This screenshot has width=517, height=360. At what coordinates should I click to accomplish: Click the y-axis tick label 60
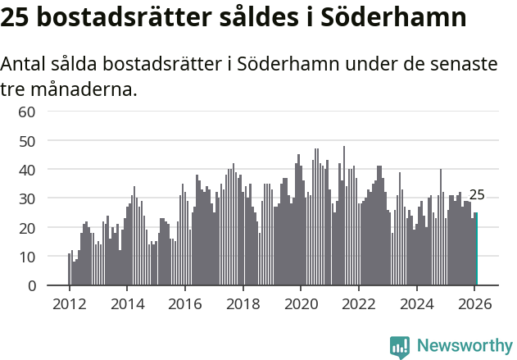pyautogui.click(x=27, y=112)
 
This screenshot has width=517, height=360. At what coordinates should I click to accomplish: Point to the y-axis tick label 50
pyautogui.click(x=27, y=140)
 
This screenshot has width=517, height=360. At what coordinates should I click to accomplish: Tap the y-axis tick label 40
pyautogui.click(x=27, y=170)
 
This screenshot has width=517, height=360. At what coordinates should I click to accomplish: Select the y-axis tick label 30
pyautogui.click(x=27, y=198)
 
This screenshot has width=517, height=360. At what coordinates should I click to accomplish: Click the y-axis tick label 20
pyautogui.click(x=27, y=227)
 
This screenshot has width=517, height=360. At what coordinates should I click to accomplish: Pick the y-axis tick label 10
pyautogui.click(x=27, y=257)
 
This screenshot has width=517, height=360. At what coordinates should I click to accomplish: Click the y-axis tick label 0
pyautogui.click(x=31, y=285)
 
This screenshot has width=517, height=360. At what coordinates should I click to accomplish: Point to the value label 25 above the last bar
pyautogui.click(x=477, y=195)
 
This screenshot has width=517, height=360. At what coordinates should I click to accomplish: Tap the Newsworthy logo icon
pyautogui.click(x=400, y=347)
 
